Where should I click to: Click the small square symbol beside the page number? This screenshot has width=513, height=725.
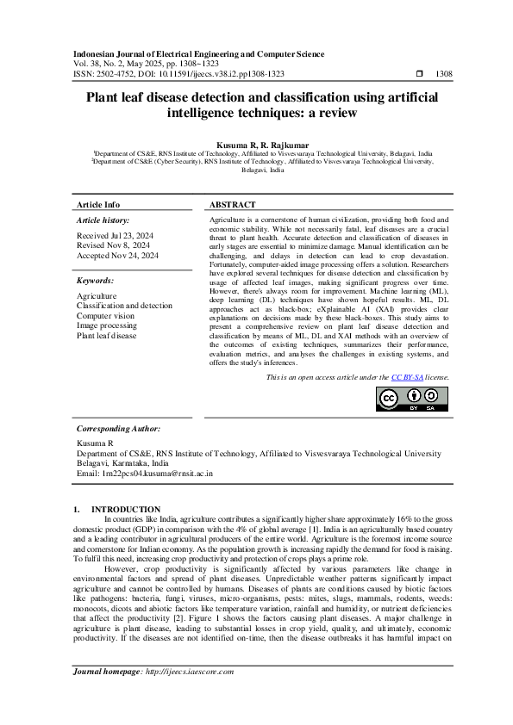coord(419,75)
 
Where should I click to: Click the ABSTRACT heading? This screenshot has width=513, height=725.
coord(233,205)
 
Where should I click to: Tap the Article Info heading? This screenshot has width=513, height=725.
coord(99,205)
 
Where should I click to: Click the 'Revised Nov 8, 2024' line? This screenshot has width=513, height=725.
coord(113,245)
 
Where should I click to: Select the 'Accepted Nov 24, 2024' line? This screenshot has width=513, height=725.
coord(117,256)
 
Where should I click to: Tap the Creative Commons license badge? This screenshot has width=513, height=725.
coord(401,399)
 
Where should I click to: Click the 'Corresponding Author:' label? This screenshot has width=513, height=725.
coord(118,428)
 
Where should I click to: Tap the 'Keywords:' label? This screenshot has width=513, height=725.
coord(96,281)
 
